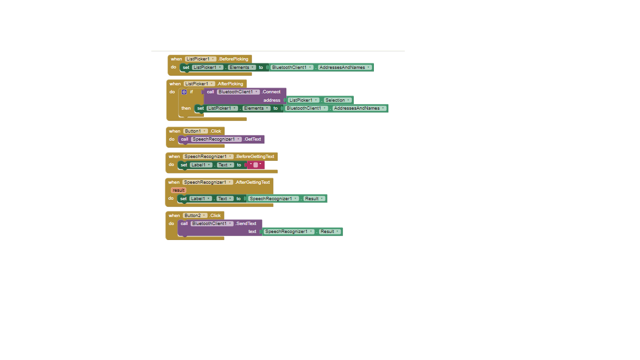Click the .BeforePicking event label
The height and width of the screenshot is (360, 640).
(233, 59)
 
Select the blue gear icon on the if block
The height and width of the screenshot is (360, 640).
(184, 92)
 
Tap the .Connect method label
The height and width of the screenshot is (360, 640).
(271, 92)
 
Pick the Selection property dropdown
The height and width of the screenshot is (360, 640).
(337, 100)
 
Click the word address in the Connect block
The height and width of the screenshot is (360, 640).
(272, 100)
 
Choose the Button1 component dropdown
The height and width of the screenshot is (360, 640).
(195, 131)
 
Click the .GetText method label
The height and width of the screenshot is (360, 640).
(252, 139)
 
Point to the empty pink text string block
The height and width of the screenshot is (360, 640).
(256, 165)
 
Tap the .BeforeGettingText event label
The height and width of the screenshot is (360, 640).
(254, 157)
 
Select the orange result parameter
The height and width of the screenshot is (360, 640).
(179, 190)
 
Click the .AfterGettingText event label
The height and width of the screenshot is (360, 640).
(252, 182)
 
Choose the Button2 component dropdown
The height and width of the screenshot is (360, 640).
(195, 215)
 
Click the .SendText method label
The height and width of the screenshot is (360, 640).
(246, 223)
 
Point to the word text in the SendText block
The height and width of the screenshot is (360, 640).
(252, 232)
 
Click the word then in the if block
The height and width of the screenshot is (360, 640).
(186, 108)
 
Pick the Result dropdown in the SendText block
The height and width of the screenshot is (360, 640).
(330, 232)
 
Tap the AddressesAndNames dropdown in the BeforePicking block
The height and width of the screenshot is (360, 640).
(345, 67)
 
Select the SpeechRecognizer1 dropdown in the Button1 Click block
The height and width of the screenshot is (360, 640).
(216, 139)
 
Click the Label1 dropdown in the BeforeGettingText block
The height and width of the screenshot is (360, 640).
(201, 165)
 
